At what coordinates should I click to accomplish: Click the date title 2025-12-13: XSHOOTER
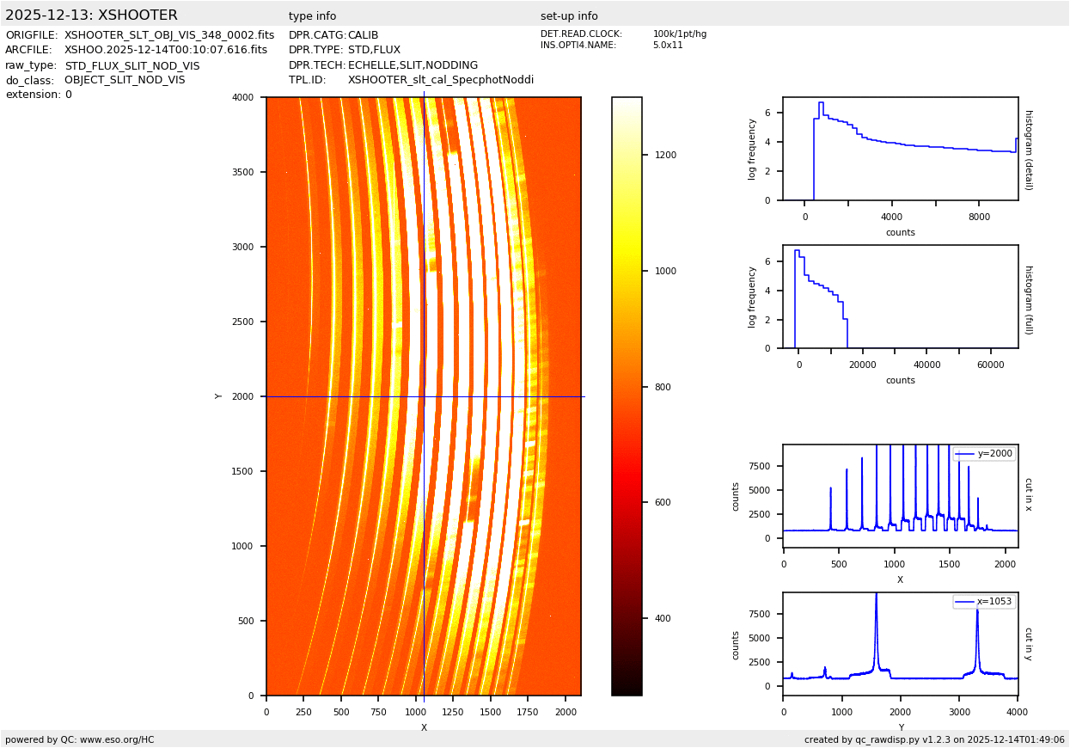[x=91, y=15]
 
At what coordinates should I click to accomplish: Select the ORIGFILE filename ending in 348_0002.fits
[x=169, y=35]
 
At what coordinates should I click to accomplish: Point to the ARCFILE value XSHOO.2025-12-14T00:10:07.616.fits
[x=166, y=50]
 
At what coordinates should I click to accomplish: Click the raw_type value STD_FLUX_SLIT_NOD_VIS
[x=132, y=65]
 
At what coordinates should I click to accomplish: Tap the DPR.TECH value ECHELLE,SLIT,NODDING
[x=413, y=65]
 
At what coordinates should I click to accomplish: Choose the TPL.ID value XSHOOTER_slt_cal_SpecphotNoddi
[x=441, y=80]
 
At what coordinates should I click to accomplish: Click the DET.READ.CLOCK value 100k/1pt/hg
[x=679, y=34]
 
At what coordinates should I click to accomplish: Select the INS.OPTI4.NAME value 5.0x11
[x=667, y=46]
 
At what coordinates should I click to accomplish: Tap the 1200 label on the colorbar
[x=666, y=156]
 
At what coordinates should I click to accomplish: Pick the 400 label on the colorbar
[x=663, y=618]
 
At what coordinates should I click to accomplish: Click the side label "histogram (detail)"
[x=1028, y=149]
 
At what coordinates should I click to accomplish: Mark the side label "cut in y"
[x=1028, y=643]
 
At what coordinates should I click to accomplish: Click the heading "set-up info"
[x=569, y=16]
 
